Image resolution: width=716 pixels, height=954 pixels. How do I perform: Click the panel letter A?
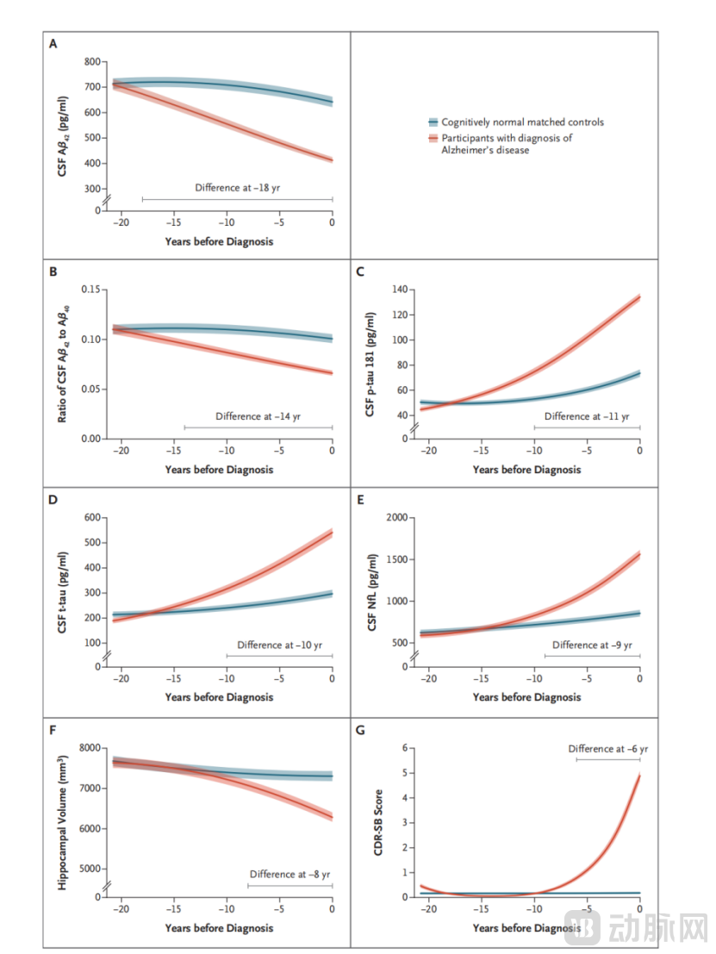tap(53, 44)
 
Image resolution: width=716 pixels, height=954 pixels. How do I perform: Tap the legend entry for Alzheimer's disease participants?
tap(507, 144)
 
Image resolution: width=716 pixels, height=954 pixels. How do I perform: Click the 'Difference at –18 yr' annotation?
tap(238, 188)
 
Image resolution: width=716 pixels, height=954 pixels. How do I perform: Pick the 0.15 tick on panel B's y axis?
tap(90, 290)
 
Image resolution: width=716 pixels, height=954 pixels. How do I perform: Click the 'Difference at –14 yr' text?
tap(258, 416)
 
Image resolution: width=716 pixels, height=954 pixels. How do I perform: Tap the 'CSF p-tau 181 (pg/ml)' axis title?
tap(370, 365)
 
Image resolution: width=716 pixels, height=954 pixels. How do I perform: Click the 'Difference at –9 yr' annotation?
tap(592, 645)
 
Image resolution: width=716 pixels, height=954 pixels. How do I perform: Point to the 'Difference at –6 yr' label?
tap(607, 749)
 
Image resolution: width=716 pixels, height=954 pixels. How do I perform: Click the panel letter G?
tap(360, 730)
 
